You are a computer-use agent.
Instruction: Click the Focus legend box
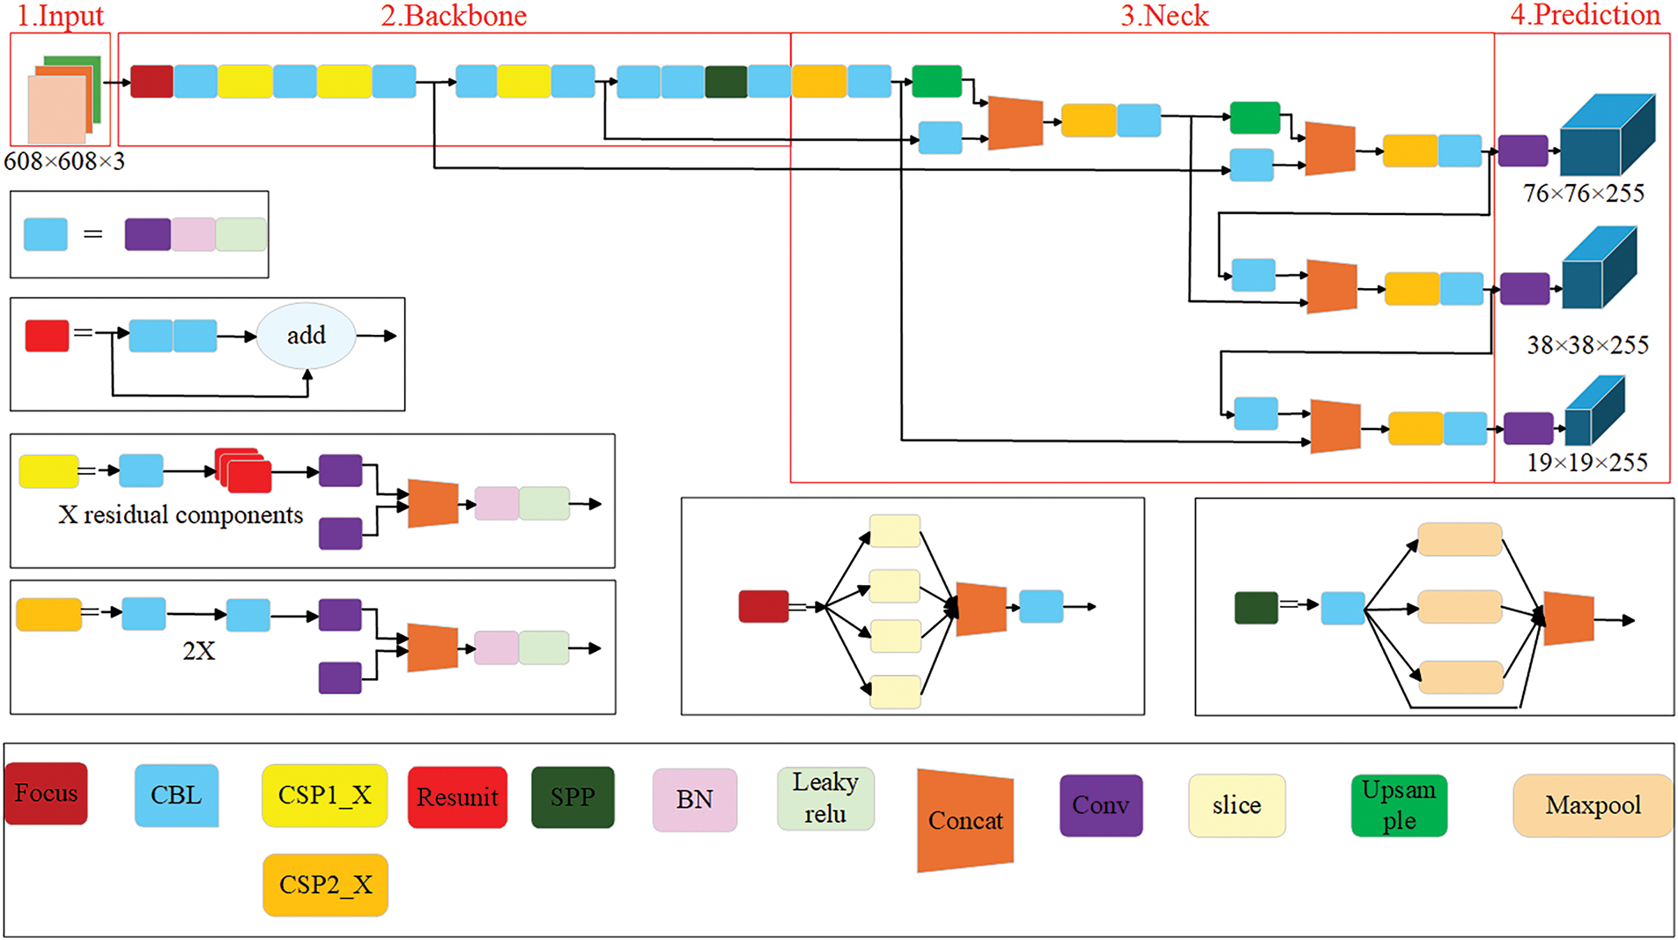(47, 794)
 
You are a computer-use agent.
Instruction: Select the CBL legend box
(176, 796)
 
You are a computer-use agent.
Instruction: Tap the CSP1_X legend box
(325, 796)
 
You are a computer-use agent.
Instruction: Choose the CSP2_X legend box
(325, 884)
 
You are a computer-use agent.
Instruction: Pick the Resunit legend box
(457, 797)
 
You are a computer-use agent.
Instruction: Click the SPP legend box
(573, 797)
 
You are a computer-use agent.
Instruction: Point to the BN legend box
(694, 800)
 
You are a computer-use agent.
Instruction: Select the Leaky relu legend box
(825, 798)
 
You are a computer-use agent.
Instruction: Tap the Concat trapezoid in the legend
(965, 820)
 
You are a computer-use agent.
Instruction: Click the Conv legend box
(1101, 805)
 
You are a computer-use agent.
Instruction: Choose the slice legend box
(1237, 805)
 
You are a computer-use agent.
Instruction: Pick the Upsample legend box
(1399, 805)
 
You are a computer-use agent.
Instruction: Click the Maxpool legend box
(1593, 805)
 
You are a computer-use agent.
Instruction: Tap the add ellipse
(306, 336)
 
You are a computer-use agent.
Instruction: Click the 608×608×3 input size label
(64, 161)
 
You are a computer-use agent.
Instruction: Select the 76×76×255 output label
(1584, 193)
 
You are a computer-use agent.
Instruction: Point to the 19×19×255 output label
(1587, 463)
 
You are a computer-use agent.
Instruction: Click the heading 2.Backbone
(454, 16)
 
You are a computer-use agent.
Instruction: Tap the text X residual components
(181, 514)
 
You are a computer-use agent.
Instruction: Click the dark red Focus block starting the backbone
(152, 81)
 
